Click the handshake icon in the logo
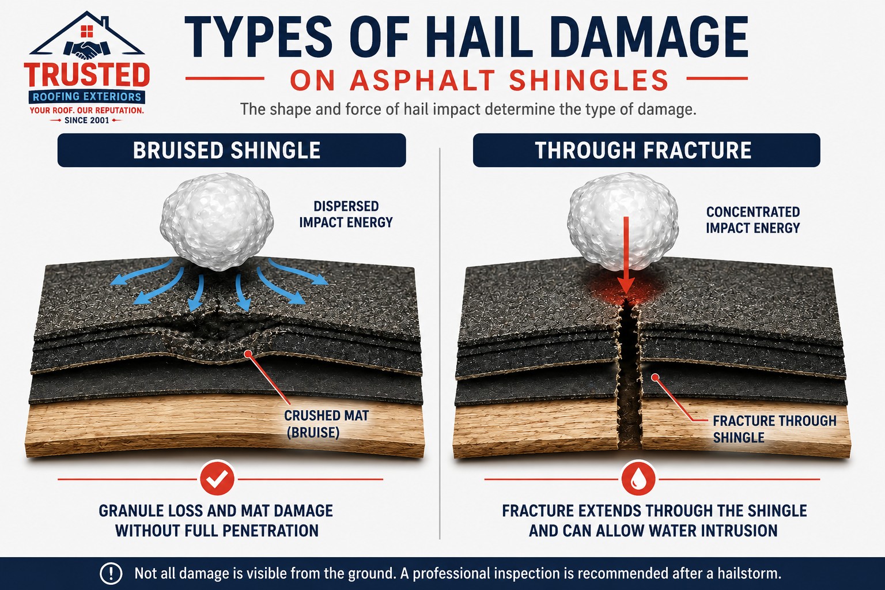coord(86,50)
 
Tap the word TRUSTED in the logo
coord(87,75)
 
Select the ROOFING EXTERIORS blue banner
coord(87,97)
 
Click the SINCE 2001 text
coord(86,120)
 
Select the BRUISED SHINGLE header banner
coord(232,150)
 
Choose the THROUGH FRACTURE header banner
coord(646,150)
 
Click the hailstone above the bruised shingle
coord(217,221)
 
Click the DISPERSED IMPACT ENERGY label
coord(346,214)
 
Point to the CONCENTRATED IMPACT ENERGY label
coord(753,220)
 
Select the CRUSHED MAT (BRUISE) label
coord(326,424)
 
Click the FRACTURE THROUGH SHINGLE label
coord(774,429)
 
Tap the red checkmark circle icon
coord(217,479)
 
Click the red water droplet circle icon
coord(638,479)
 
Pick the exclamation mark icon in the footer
coord(111,573)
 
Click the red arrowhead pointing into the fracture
coord(626,285)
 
